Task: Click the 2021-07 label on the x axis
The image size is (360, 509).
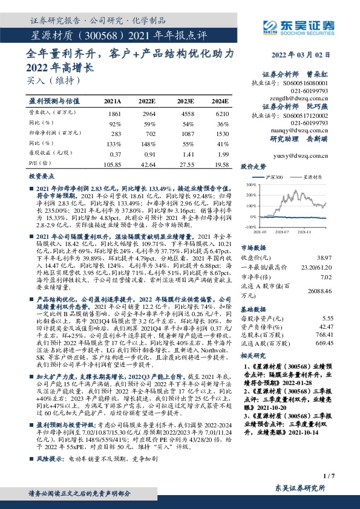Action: (281, 231)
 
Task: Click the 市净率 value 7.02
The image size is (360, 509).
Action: (327, 277)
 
